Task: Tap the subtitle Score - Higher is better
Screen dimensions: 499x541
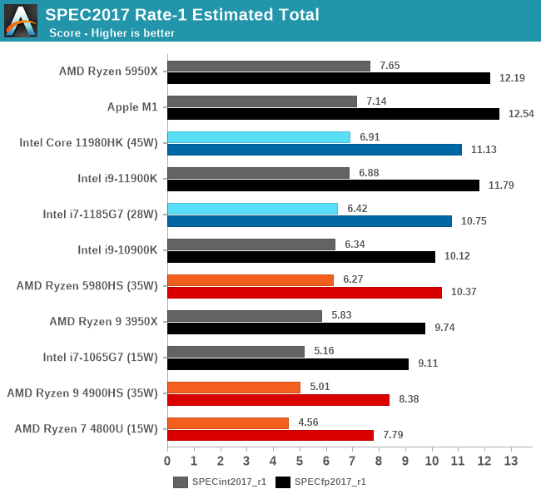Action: pos(112,33)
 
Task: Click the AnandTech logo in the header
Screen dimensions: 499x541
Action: pos(21,21)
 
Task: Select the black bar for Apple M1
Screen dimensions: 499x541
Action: pos(333,114)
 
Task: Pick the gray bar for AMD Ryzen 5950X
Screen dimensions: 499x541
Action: pos(269,66)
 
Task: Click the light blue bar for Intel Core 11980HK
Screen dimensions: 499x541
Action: pos(259,137)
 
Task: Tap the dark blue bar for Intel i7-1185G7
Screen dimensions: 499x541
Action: pos(310,221)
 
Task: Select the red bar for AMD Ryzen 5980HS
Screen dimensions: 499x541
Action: pos(305,293)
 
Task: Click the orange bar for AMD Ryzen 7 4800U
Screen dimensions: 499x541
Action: pos(228,422)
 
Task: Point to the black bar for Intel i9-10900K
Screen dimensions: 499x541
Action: pos(301,257)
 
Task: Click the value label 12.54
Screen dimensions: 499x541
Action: pos(518,114)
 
